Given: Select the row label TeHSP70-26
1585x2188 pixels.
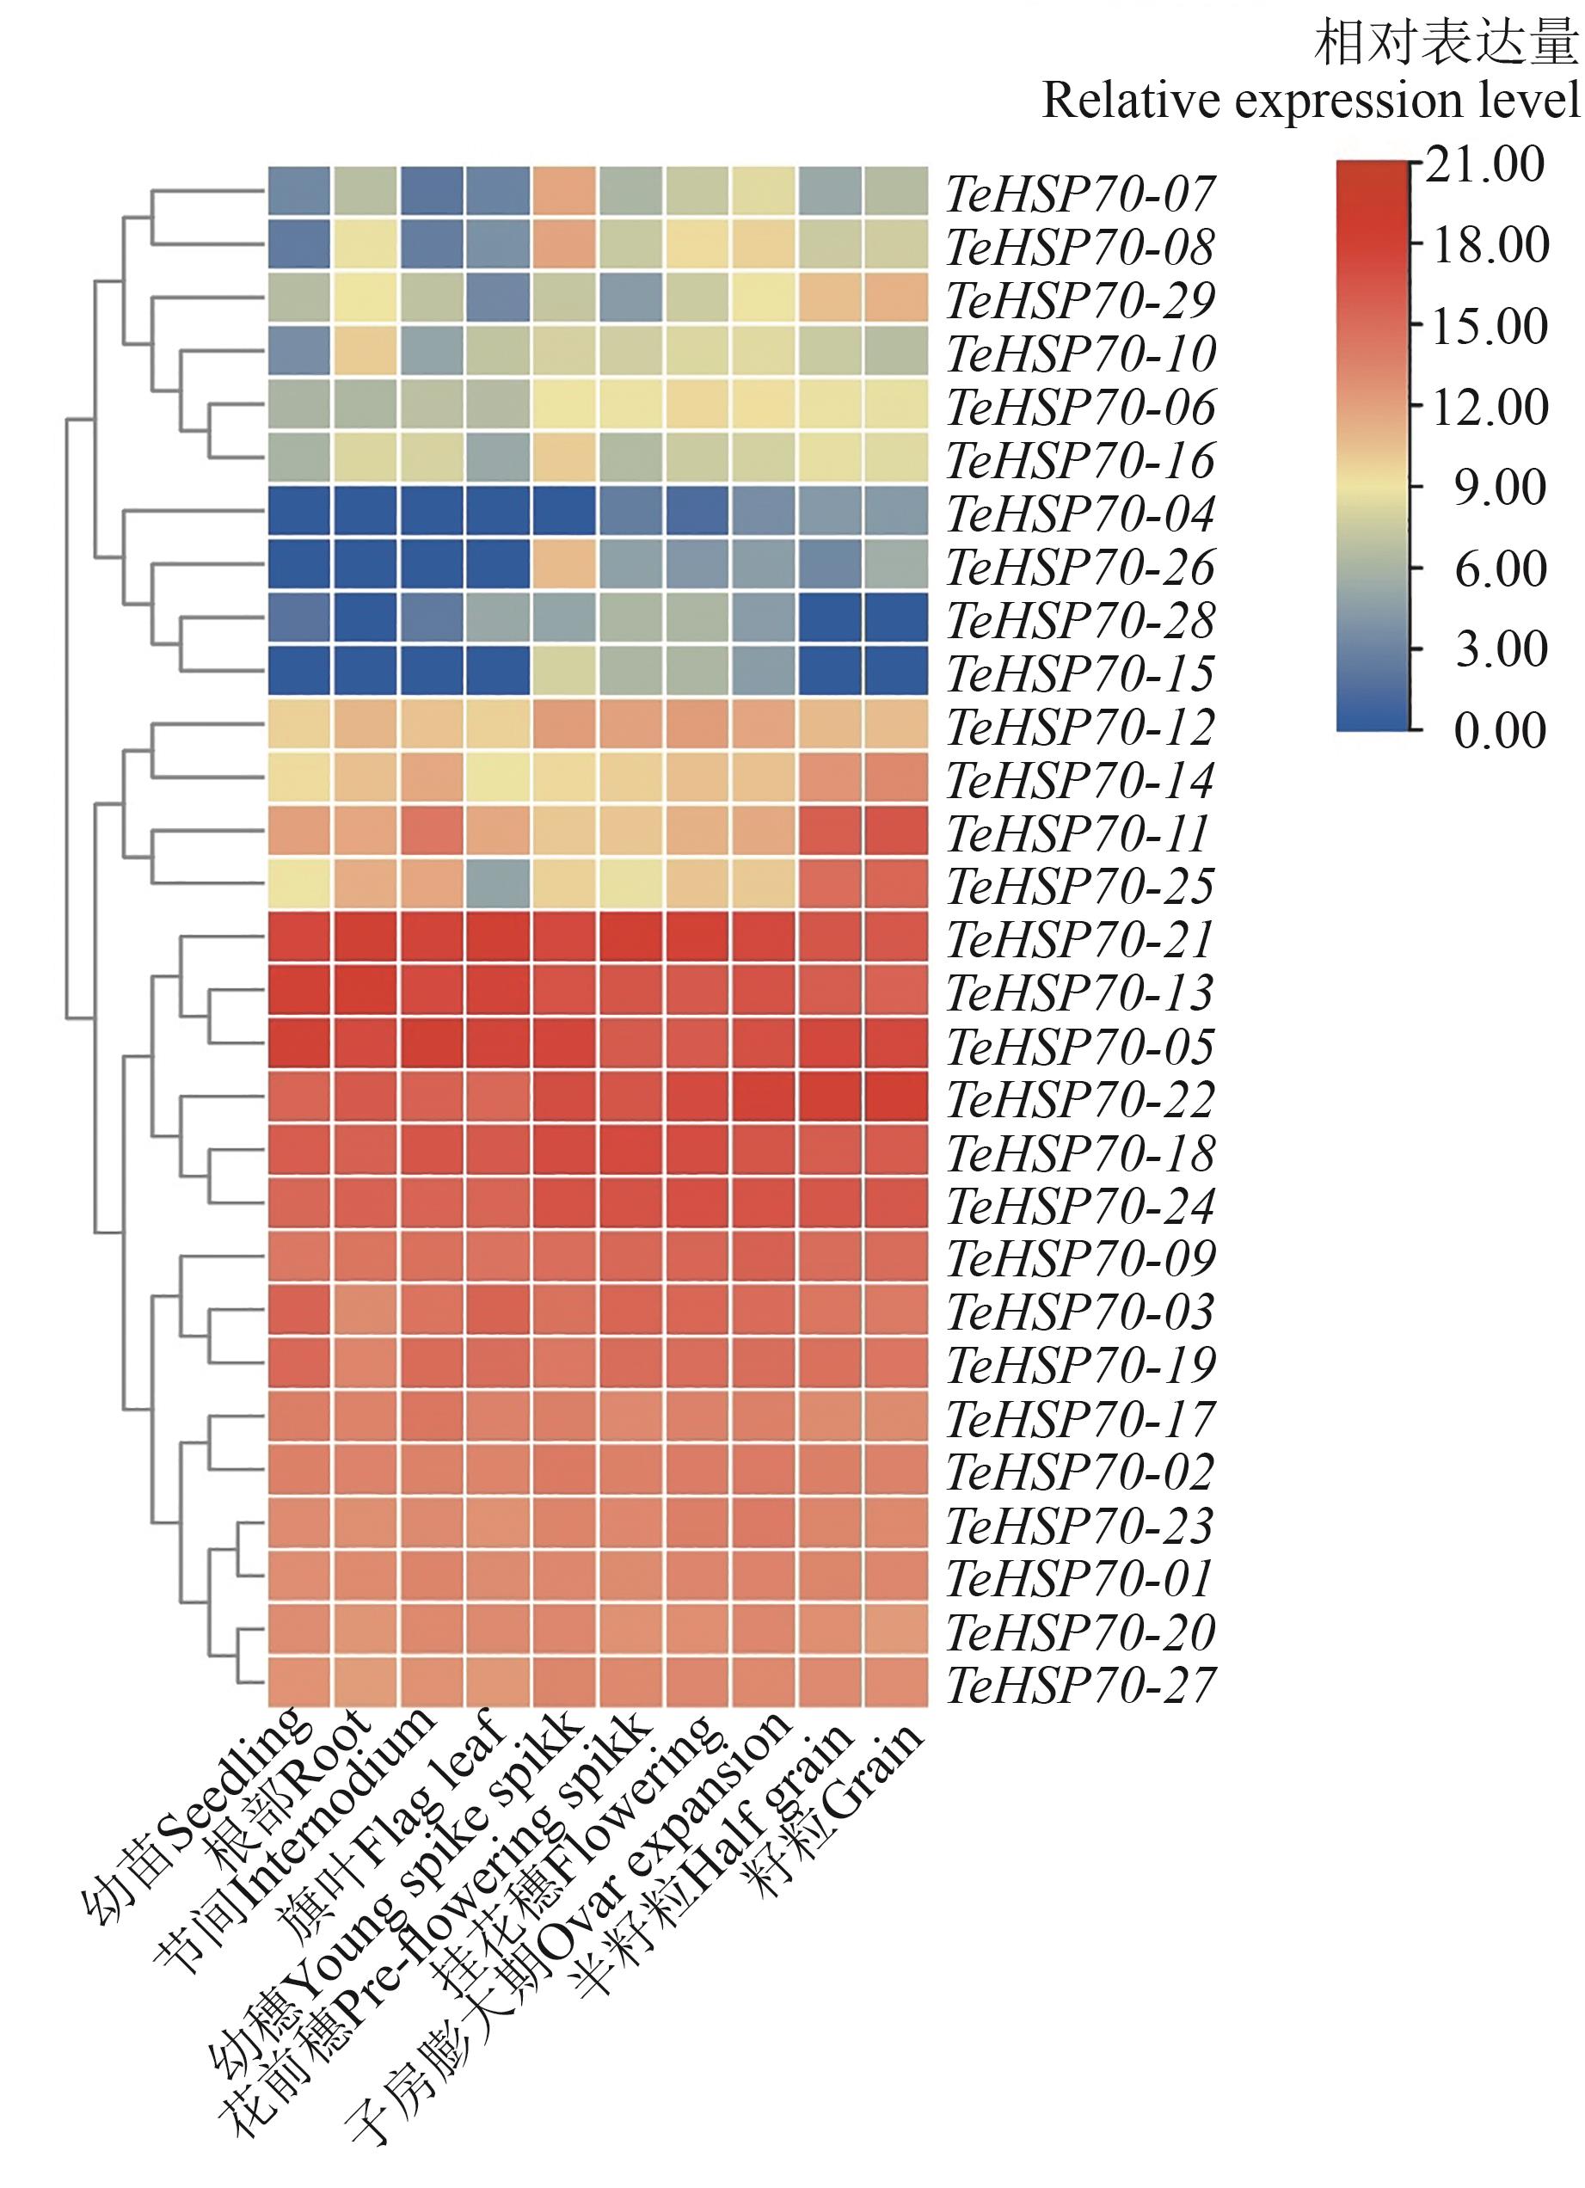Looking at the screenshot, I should [1079, 568].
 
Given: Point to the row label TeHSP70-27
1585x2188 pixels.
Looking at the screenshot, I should [1079, 1684].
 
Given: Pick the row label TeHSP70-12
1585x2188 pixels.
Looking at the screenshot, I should [1079, 728].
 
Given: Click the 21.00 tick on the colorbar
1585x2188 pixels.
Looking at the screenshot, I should [1484, 165].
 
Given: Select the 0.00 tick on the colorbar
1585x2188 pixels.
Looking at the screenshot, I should [1498, 730].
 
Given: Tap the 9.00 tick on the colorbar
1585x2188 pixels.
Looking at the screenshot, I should [1498, 489].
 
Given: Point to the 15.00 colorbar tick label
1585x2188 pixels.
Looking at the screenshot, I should [1490, 327].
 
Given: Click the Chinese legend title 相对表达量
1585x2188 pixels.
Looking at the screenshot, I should [1445, 43].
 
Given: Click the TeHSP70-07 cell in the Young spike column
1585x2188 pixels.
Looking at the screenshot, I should [564, 194].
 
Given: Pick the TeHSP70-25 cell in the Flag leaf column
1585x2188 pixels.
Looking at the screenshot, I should [498, 886].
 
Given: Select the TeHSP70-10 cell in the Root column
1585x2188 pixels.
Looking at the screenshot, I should [366, 354].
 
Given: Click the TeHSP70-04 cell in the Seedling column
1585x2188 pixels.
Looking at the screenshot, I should [299, 513].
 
